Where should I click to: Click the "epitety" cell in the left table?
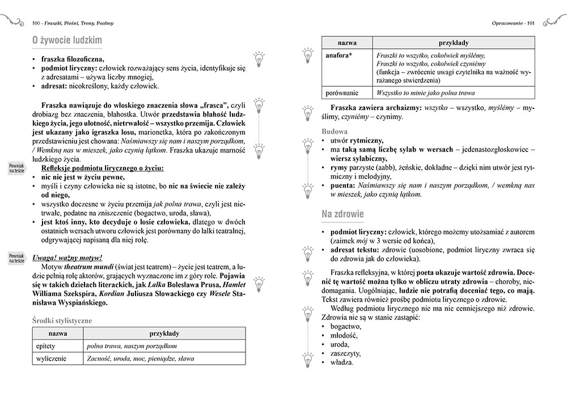coord(46,345)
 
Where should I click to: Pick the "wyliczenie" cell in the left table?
coord(51,358)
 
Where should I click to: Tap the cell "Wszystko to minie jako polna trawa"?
coord(425,93)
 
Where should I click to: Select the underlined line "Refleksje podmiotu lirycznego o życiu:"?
coord(103,168)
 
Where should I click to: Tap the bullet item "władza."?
coord(341,362)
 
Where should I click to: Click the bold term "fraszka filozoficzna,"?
coord(73,58)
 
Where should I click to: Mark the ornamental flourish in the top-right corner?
coord(553,22)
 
